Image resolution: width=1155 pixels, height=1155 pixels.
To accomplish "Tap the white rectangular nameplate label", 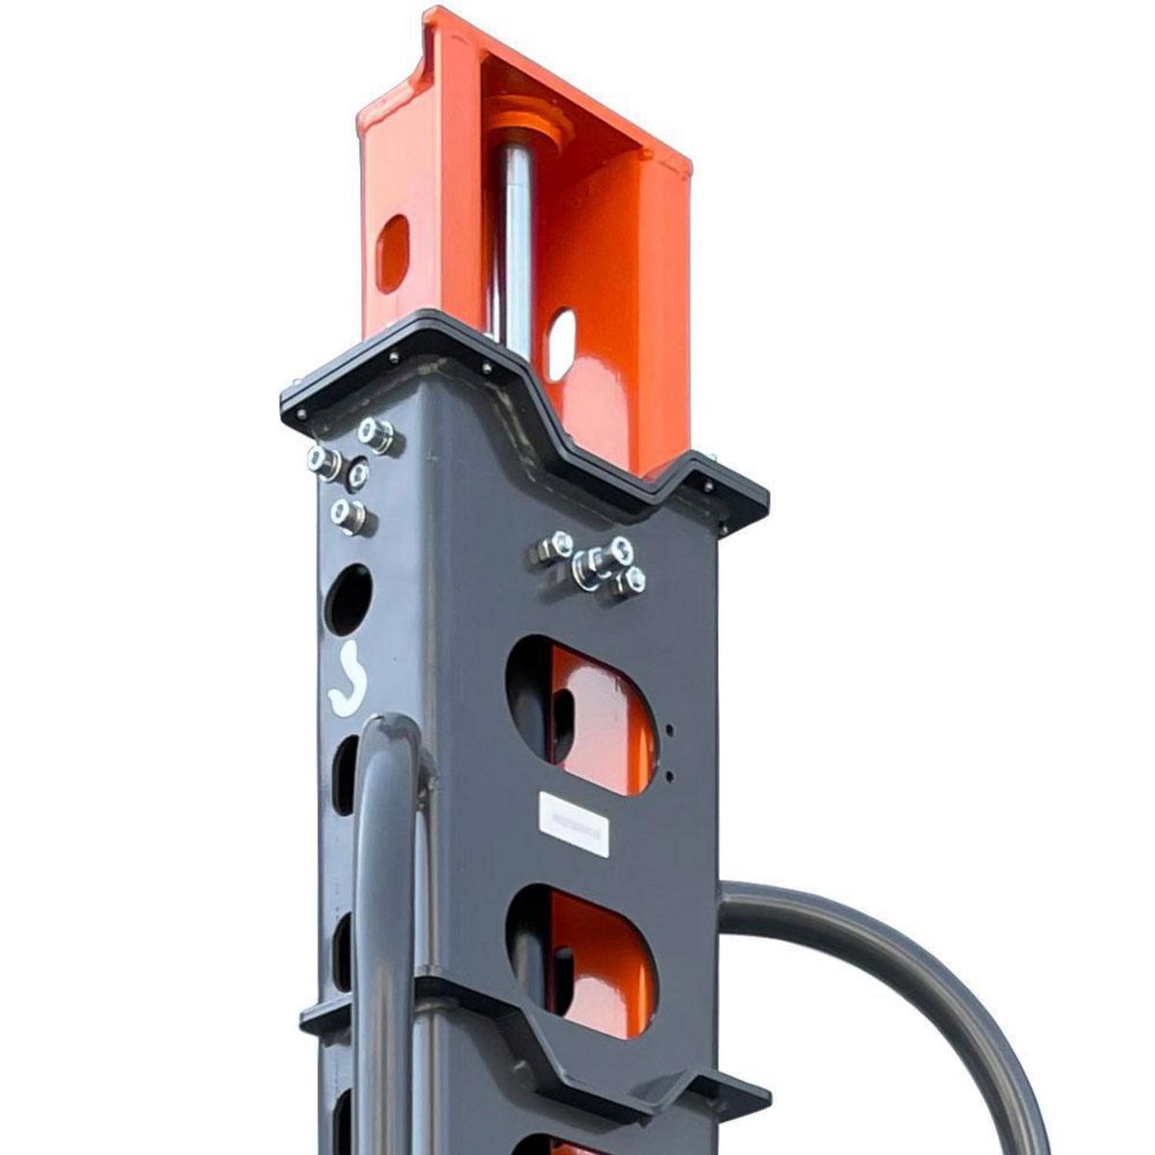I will (x=575, y=823).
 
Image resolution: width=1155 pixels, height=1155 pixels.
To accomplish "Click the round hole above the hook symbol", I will (x=348, y=599).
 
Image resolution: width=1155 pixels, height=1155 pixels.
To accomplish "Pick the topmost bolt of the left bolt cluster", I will (x=375, y=434).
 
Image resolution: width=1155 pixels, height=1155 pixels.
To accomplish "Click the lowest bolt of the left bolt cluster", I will (x=347, y=514).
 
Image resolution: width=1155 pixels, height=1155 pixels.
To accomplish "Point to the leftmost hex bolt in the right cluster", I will (x=555, y=547).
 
